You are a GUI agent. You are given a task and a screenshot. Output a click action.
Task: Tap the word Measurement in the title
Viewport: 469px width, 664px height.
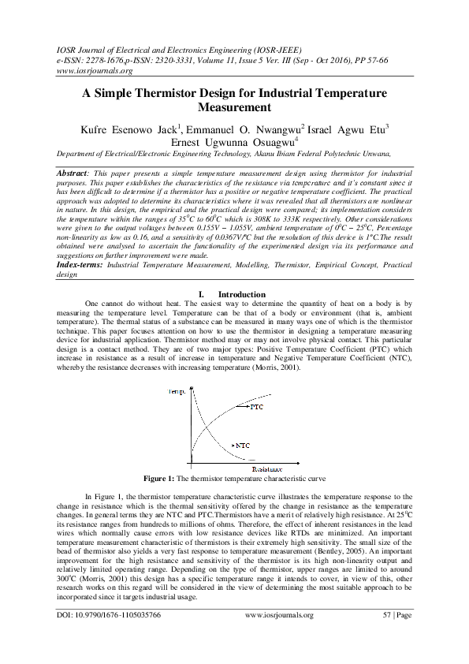click(234, 106)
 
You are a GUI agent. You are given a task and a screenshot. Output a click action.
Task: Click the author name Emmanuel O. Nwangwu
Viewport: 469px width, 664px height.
click(243, 129)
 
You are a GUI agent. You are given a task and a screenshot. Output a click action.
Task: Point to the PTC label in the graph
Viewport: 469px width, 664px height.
click(256, 408)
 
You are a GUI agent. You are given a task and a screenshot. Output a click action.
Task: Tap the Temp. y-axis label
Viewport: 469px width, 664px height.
click(177, 391)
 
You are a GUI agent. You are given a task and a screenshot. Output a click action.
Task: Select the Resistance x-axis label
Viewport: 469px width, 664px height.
click(268, 469)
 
